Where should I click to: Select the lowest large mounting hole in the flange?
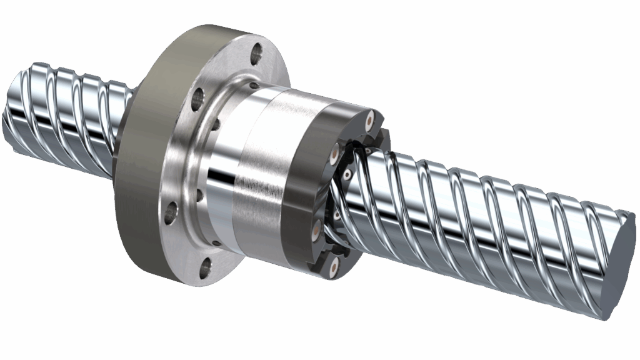tap(205, 269)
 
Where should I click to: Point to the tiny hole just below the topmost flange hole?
tap(253, 86)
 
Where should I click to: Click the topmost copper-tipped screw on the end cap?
tap(371, 117)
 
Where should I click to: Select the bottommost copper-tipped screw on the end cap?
tap(333, 267)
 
